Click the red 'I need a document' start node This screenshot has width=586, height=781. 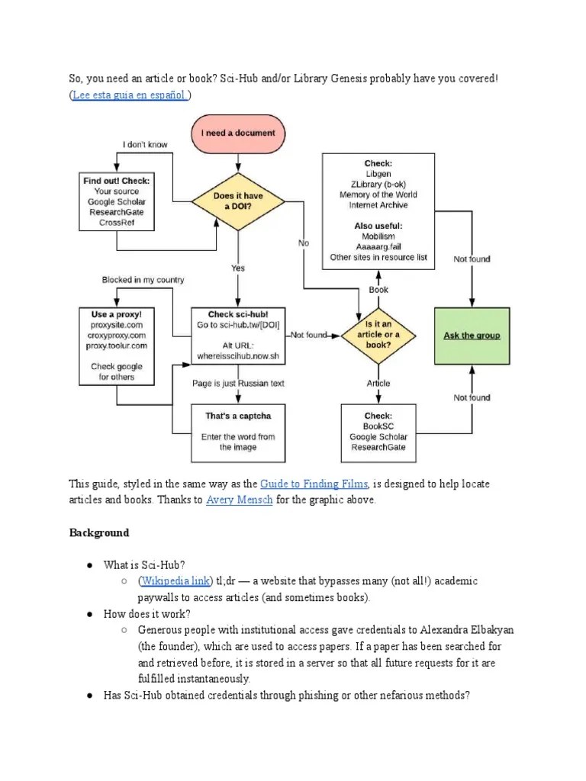[x=238, y=133]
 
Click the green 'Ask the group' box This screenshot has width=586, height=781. [x=472, y=336]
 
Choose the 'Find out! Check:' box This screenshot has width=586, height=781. [x=116, y=201]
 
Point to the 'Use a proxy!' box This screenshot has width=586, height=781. [x=116, y=345]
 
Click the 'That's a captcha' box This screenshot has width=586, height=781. [x=238, y=432]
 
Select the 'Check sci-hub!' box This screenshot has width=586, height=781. [x=238, y=335]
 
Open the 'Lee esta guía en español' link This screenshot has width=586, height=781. [x=130, y=95]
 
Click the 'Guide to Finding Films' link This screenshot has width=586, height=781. [x=314, y=484]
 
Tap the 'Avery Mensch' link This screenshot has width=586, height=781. [x=238, y=500]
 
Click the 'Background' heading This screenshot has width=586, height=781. [x=99, y=532]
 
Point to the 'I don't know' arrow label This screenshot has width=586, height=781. [x=145, y=144]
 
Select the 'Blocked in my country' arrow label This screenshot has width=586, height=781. [x=143, y=280]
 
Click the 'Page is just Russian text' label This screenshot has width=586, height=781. [x=238, y=384]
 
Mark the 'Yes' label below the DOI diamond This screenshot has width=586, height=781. [x=238, y=268]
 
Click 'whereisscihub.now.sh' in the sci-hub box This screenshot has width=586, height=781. [x=238, y=356]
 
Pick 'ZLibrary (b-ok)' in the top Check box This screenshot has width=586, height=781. [x=378, y=184]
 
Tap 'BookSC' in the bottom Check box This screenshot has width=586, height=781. [x=378, y=426]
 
